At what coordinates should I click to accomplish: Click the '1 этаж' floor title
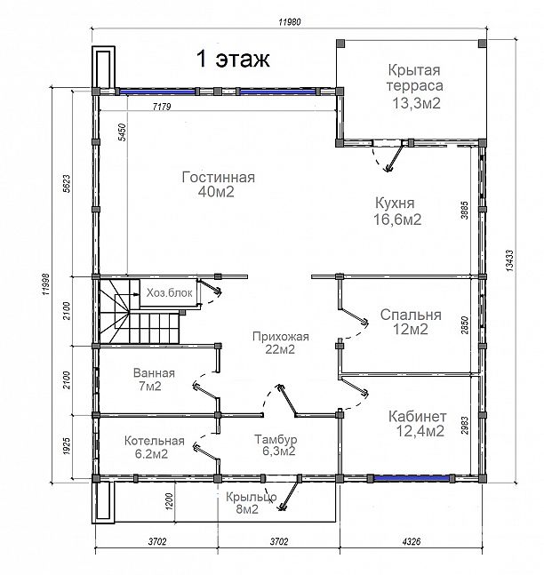pos(233,59)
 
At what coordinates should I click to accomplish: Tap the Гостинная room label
pos(219,184)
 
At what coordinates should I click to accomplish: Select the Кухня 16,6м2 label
pos(397,212)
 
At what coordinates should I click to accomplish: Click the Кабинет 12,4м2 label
pos(418,424)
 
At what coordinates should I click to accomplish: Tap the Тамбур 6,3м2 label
pos(276,445)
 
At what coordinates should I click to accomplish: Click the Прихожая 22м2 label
pos(281,343)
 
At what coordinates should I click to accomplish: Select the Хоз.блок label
pos(170,293)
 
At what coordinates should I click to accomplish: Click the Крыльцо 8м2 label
pos(252,503)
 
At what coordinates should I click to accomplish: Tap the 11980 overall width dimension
pos(290,22)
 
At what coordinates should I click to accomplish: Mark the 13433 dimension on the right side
pos(510,260)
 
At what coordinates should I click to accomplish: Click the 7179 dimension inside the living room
pos(162,107)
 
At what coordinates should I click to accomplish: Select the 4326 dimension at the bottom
pos(412,541)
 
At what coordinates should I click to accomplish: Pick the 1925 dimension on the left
pos(67,446)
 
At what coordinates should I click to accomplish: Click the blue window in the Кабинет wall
pos(411,478)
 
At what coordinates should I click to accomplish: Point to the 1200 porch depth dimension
pos(169,501)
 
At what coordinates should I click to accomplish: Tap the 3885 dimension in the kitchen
pos(465,210)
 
